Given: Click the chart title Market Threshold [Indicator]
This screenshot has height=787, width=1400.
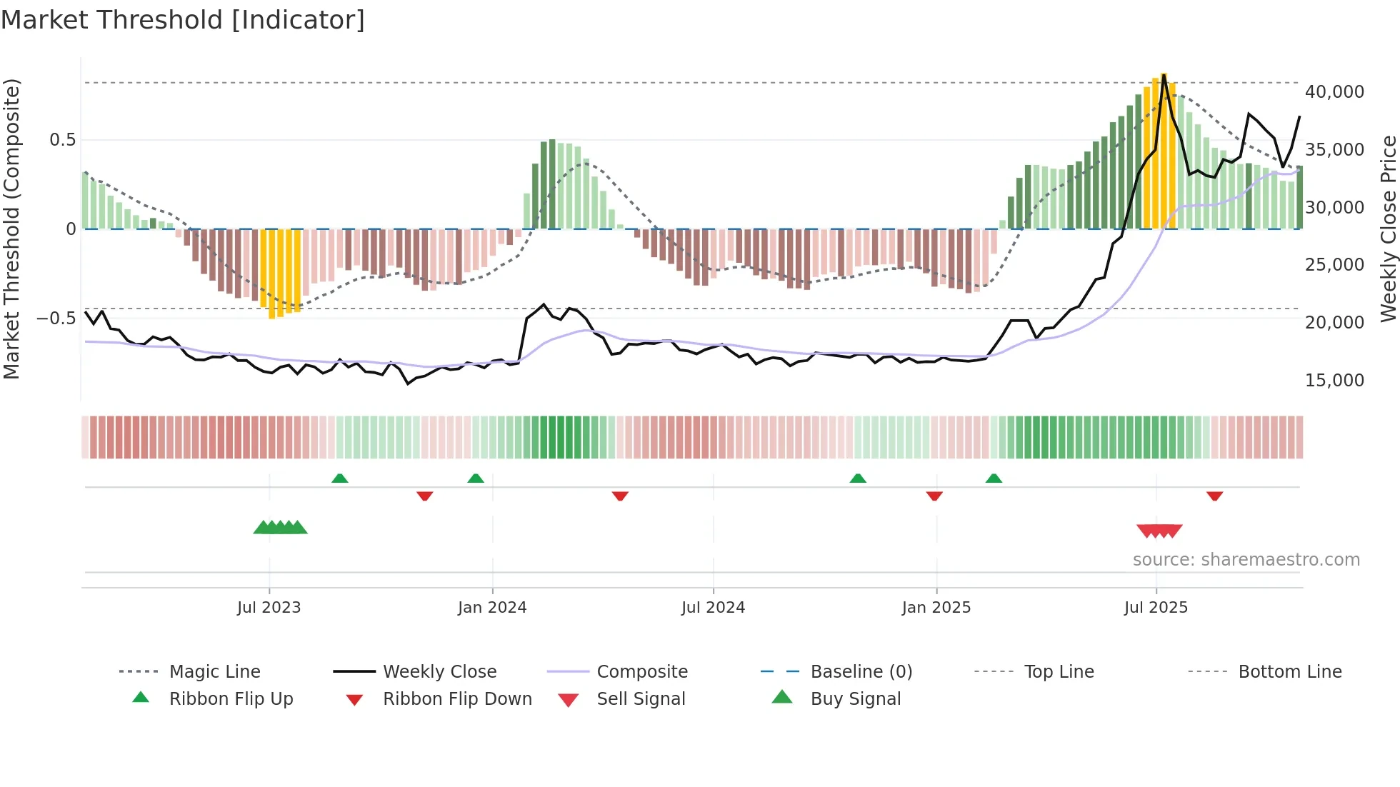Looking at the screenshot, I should (x=183, y=20).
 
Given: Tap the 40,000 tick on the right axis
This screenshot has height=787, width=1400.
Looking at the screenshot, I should (x=1334, y=92).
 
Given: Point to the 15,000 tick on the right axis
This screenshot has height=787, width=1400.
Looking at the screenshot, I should (x=1334, y=381).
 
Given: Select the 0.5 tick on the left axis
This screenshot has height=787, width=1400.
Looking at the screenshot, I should (x=62, y=140).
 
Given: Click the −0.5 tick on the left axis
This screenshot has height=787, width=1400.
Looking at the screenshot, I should (x=56, y=319).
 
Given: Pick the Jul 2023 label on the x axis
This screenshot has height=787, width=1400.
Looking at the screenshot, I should (x=269, y=608).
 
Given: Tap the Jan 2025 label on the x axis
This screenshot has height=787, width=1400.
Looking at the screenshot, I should (x=936, y=608).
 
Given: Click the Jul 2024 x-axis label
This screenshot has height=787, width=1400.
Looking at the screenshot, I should (x=713, y=608).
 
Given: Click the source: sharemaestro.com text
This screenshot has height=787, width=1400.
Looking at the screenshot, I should (x=1246, y=560).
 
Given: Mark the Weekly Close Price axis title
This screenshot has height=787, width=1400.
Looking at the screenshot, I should (x=1388, y=229).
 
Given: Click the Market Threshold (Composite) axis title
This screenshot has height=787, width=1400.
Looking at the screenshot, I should (x=11, y=229).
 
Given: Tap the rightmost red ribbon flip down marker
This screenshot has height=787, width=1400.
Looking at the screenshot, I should (x=1214, y=496).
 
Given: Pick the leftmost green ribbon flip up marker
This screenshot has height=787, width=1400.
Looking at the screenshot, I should (x=340, y=478).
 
